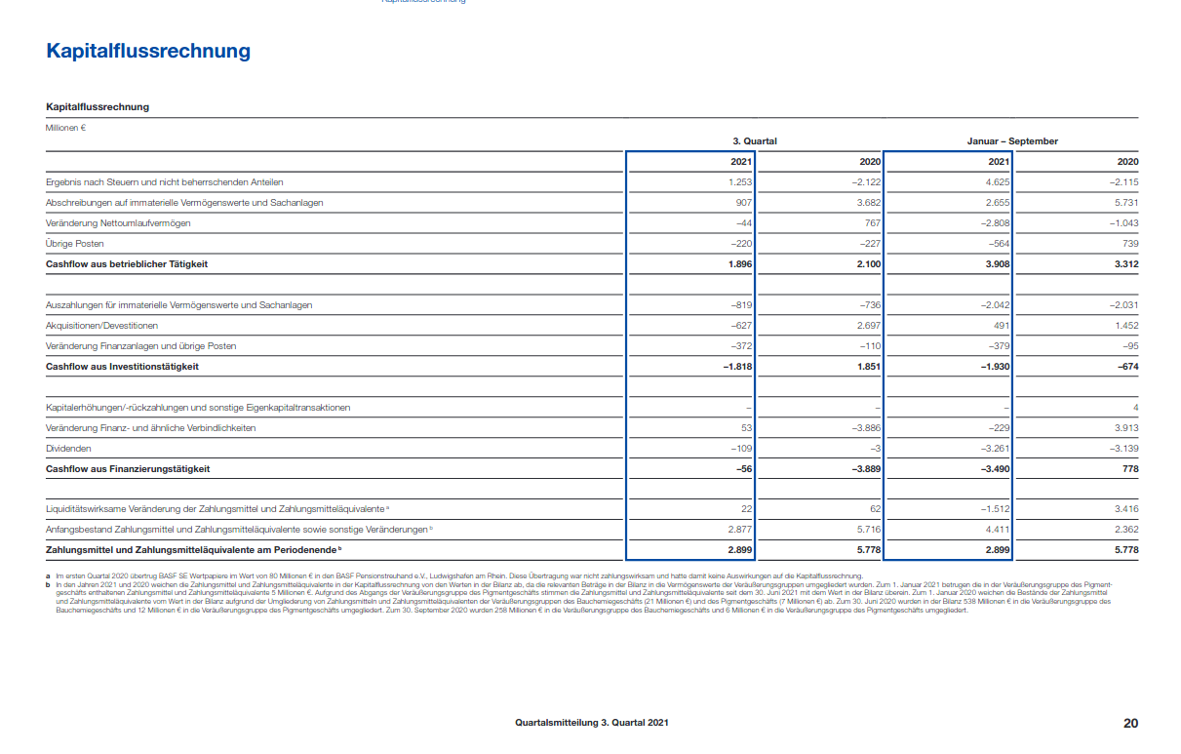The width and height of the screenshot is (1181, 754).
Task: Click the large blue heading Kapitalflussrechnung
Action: coord(148,51)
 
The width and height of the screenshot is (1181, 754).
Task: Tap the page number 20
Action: coord(1130,723)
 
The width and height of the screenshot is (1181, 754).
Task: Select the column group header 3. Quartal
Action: coord(755,141)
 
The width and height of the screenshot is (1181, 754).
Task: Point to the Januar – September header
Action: coord(1012,141)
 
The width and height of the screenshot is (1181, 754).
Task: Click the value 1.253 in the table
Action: coord(739,182)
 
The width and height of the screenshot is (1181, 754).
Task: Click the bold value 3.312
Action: coord(1125,264)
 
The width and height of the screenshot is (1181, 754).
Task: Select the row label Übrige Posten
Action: coord(75,244)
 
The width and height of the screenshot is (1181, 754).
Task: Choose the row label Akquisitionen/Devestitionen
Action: coord(101,326)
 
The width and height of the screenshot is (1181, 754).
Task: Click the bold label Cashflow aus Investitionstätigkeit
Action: coord(122,367)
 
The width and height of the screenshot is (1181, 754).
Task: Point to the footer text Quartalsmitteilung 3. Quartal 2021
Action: coord(592,723)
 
